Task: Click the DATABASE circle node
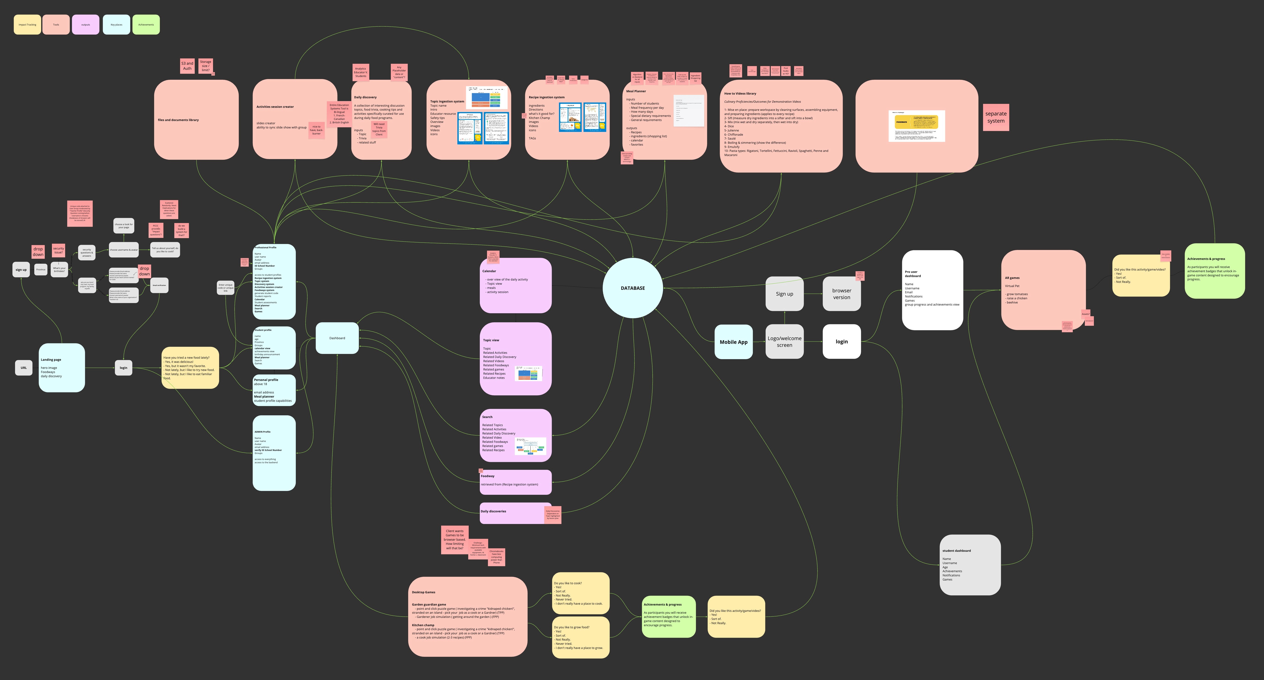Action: [633, 288]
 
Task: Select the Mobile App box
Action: [733, 342]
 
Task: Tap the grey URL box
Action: [24, 367]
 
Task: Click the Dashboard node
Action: [337, 338]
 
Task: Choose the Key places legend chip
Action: [116, 25]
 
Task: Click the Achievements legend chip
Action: [146, 25]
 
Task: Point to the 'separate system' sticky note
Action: [996, 117]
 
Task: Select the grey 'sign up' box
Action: [21, 269]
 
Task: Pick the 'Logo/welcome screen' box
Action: [784, 342]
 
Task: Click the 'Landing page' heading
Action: [51, 360]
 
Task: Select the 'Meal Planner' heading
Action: [636, 91]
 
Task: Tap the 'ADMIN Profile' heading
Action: [263, 432]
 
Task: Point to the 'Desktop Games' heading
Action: [423, 592]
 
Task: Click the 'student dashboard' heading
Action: [956, 550]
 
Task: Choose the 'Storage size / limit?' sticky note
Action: [206, 66]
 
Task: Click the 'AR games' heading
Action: [1012, 278]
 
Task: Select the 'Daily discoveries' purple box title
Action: [493, 511]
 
